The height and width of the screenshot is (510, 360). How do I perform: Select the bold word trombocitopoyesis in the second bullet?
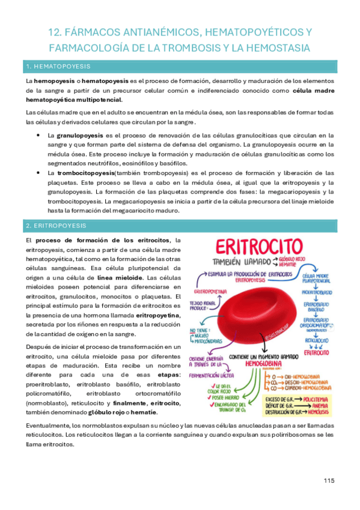[81, 173]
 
